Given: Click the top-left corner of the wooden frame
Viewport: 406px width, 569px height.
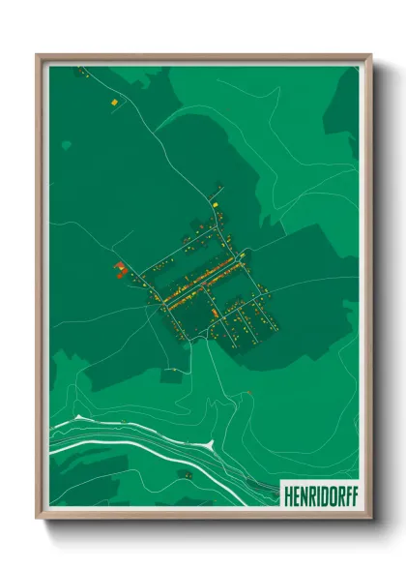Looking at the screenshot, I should [x=38, y=55].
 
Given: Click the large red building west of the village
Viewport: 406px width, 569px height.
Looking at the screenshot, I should [x=119, y=268].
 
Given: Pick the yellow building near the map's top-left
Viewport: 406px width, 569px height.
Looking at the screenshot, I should [x=113, y=100].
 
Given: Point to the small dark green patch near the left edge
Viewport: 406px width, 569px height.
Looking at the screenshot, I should [x=66, y=145].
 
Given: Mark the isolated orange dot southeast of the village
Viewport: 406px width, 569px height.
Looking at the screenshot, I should [x=249, y=391].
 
